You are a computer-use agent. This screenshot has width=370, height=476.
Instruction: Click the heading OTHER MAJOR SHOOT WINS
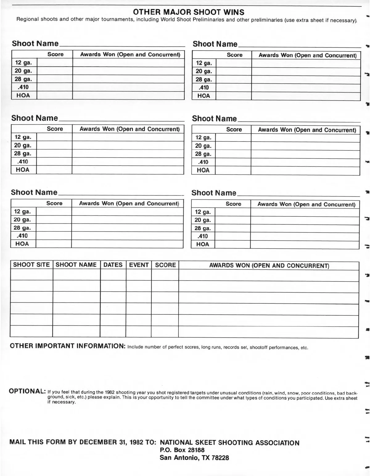coord(189,12)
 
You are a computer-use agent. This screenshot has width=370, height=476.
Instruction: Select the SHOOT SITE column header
coord(31,265)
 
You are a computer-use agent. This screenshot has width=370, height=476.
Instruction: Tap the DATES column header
coord(113,265)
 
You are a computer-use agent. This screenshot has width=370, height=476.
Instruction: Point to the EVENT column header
coord(139,265)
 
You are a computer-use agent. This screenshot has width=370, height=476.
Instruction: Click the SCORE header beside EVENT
coord(165,265)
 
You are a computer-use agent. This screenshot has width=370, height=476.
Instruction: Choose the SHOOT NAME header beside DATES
coord(76,265)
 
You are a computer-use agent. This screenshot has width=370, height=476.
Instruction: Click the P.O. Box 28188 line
coord(182,450)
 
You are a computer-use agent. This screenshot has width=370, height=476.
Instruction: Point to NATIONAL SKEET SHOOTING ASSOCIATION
coord(230,443)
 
